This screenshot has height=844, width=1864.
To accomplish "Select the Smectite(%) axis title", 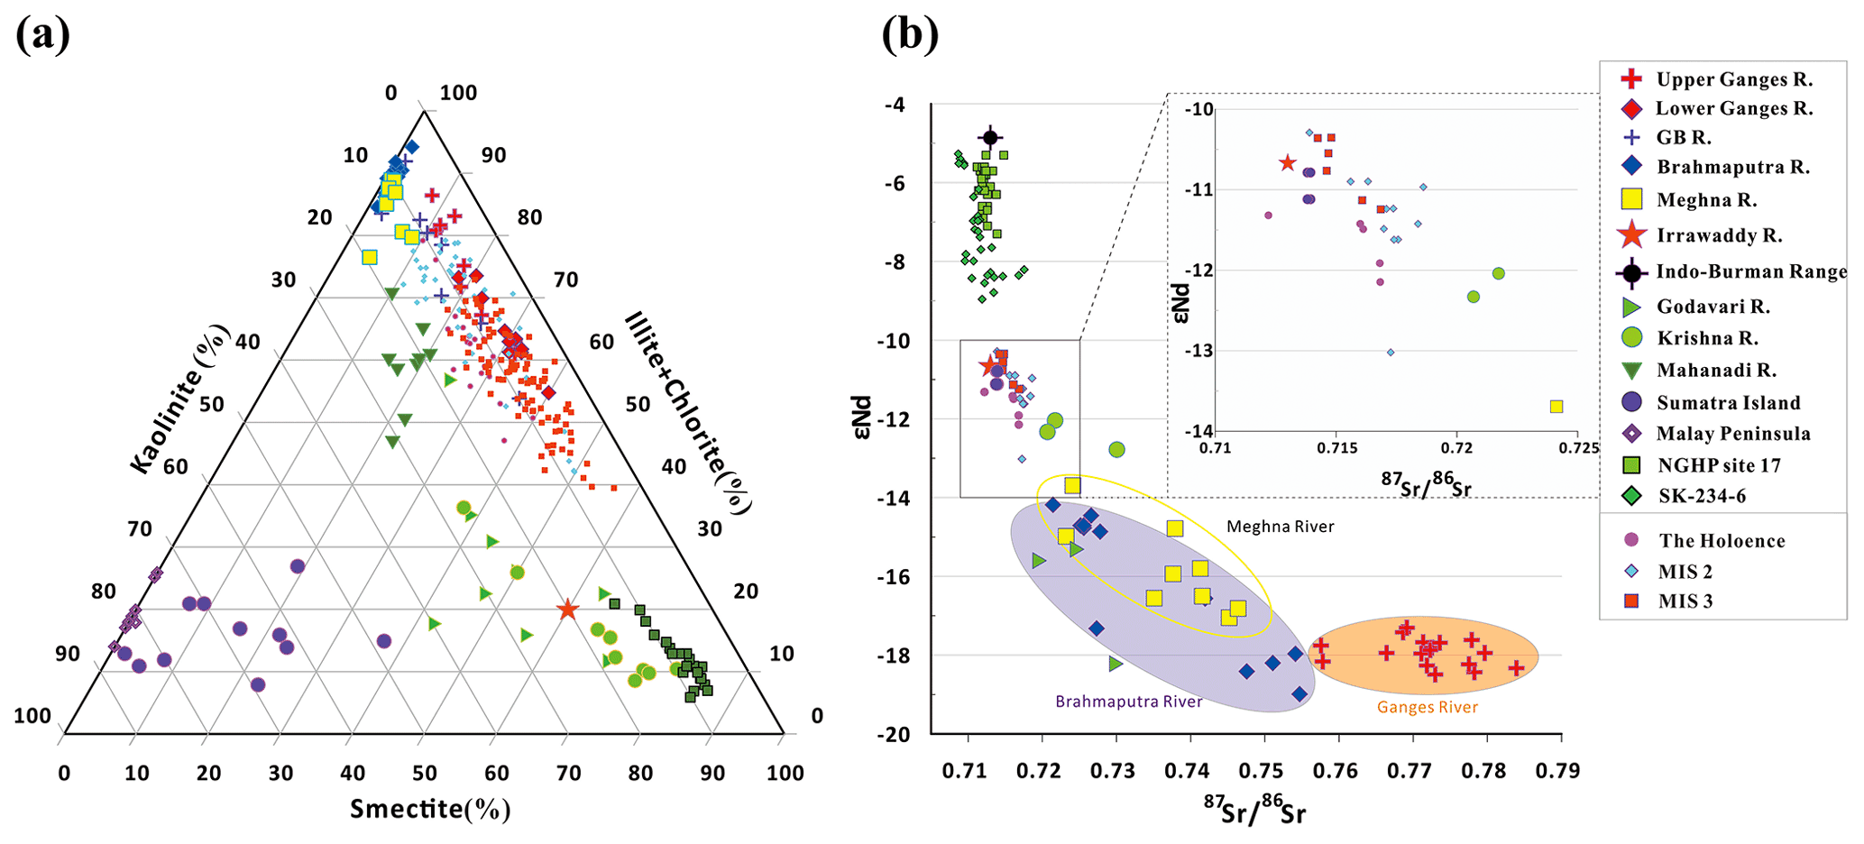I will [x=430, y=809].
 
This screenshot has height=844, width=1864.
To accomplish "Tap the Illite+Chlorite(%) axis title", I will [x=688, y=413].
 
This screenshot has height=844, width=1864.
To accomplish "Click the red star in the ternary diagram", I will [x=567, y=610].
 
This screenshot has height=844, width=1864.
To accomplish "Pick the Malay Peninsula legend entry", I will [x=1719, y=434].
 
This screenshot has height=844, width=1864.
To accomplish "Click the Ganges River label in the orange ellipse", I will [x=1427, y=708].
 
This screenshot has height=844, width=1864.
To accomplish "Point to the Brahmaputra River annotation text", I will [x=1128, y=702].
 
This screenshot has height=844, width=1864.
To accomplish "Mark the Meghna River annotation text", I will [x=1280, y=527].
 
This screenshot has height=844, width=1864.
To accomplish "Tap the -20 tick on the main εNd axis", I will [x=893, y=734].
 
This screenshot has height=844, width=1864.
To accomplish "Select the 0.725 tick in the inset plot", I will [x=1579, y=448].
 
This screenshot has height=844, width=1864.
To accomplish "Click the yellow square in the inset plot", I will [x=1556, y=407].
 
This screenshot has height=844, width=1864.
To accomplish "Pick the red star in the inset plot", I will [x=1287, y=163].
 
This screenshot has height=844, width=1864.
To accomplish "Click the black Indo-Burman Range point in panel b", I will [x=990, y=138].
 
